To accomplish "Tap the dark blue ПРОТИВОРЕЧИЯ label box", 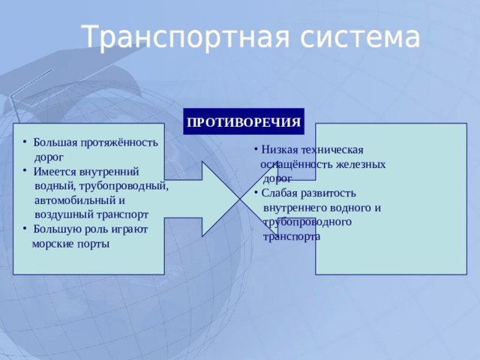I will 244,121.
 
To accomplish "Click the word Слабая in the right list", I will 280,193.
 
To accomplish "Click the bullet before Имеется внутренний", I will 25,172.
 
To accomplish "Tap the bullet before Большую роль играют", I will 25,229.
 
